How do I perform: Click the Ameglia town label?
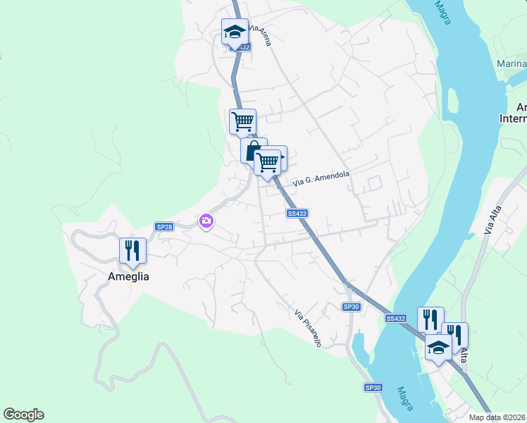(x=128, y=277)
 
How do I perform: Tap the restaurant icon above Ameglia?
(x=132, y=250)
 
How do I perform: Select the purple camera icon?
(x=206, y=221)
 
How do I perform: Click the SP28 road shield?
(x=164, y=227)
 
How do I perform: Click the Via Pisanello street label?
(x=308, y=328)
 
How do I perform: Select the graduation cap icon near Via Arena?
(x=235, y=32)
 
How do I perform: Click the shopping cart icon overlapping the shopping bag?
(x=267, y=161)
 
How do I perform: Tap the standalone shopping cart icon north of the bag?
(x=242, y=121)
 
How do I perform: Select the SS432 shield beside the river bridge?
(x=396, y=319)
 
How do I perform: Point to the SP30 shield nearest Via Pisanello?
(x=352, y=307)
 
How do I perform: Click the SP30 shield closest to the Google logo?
(x=373, y=388)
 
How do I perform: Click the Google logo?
(x=23, y=415)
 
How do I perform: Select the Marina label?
(x=512, y=64)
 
